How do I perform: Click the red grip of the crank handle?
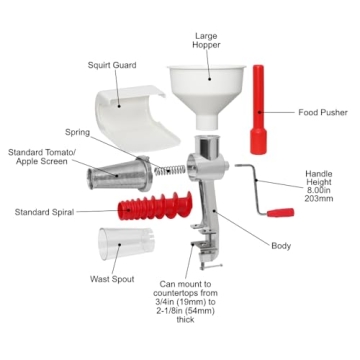coord(279,213)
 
